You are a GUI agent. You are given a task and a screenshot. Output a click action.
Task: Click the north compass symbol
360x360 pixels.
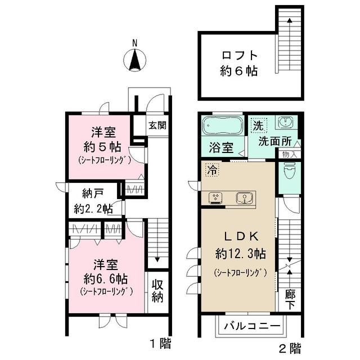click(x=135, y=58)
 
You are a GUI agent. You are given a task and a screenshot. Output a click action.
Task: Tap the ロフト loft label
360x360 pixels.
click(x=238, y=56)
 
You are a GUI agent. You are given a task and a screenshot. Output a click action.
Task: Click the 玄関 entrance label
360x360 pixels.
click(x=157, y=125)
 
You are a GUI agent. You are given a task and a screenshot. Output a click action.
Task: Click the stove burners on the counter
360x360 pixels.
click(x=217, y=197)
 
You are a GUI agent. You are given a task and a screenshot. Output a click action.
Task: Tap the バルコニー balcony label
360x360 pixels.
click(x=252, y=326)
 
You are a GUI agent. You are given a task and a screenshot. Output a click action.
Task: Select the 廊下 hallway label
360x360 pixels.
click(x=290, y=298)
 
